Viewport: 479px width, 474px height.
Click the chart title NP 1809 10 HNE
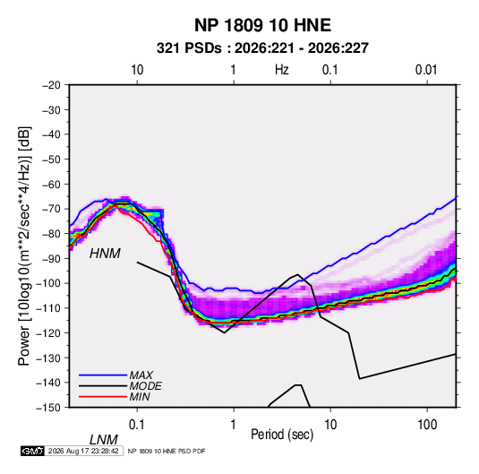click(x=262, y=25)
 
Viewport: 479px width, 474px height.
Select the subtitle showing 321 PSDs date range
click(x=262, y=48)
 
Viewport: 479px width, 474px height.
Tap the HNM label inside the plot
click(x=105, y=254)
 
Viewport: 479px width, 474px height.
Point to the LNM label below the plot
click(x=104, y=440)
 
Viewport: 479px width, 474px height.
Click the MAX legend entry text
click(x=141, y=375)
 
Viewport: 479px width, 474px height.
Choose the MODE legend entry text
click(x=145, y=386)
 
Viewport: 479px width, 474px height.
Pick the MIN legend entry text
click(x=140, y=397)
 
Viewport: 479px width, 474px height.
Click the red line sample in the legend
click(x=103, y=397)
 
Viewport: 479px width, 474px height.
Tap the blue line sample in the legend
click(x=103, y=375)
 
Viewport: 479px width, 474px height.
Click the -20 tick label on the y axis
click(x=51, y=85)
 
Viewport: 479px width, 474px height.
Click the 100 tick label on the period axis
click(x=427, y=425)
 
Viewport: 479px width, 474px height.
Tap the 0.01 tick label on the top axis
click(x=426, y=70)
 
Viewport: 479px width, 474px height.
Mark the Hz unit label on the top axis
click(x=282, y=70)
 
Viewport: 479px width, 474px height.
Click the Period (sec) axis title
click(x=282, y=435)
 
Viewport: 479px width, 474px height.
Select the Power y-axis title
click(x=24, y=246)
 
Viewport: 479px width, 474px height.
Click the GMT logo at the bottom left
click(x=33, y=451)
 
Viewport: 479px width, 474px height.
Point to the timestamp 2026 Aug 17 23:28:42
click(x=83, y=451)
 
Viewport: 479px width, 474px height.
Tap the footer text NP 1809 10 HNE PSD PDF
click(x=167, y=451)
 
